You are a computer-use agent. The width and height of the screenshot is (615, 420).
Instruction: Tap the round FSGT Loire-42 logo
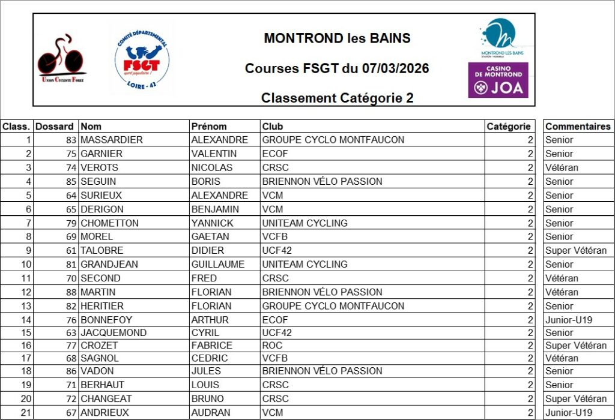(142, 58)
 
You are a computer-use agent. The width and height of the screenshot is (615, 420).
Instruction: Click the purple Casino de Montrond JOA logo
(498, 80)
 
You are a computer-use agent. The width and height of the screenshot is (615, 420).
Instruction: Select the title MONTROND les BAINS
(337, 38)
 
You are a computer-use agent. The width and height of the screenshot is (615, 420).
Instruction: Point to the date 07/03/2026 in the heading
(395, 68)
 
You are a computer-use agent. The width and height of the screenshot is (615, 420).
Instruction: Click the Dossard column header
(55, 127)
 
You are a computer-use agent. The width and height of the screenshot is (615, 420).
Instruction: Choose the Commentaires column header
(578, 127)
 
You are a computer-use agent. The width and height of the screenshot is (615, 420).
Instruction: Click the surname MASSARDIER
(112, 140)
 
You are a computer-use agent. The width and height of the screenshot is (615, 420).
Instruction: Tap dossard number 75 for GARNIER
(71, 154)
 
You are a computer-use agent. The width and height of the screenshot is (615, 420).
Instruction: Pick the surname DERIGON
(102, 209)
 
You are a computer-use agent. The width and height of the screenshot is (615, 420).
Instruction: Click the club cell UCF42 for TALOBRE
(277, 250)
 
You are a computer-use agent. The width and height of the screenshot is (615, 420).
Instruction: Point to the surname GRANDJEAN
(109, 264)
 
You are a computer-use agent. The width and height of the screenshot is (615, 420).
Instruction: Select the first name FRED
(204, 278)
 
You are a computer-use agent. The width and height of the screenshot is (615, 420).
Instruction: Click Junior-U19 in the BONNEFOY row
(569, 320)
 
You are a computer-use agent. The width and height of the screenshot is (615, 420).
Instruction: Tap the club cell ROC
(273, 346)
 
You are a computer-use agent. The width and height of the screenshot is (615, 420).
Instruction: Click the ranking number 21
(25, 413)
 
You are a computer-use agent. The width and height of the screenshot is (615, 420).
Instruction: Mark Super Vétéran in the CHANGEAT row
(576, 398)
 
